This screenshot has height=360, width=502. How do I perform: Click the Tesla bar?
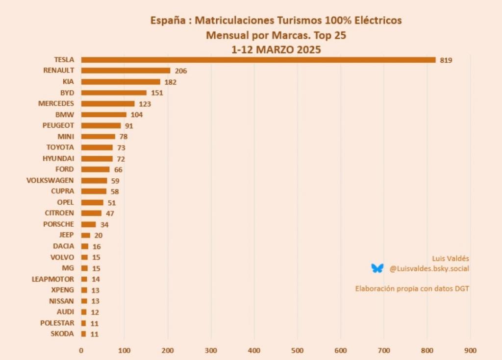pyautogui.click(x=258, y=60)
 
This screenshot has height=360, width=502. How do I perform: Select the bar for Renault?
pyautogui.click(x=125, y=71)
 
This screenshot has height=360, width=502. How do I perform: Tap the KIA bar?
pyautogui.click(x=121, y=82)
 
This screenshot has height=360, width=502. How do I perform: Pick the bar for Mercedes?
pyautogui.click(x=108, y=104)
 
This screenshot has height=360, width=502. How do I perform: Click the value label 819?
pyautogui.click(x=446, y=60)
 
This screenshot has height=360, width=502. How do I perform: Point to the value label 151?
pyautogui.click(x=156, y=93)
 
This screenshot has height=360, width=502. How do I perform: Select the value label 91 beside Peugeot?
pyautogui.click(x=129, y=126)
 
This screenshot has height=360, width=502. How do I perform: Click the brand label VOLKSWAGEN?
pyautogui.click(x=50, y=180)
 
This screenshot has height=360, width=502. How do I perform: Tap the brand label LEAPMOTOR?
pyautogui.click(x=53, y=279)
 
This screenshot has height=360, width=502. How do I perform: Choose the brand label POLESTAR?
pyautogui.click(x=57, y=323)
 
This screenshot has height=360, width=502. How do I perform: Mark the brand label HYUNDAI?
pyautogui.click(x=58, y=159)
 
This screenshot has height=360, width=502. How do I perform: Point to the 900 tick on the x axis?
pyautogui.click(x=470, y=350)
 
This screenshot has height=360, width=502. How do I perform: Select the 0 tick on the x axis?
pyautogui.click(x=81, y=350)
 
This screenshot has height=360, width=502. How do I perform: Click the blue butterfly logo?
pyautogui.click(x=377, y=268)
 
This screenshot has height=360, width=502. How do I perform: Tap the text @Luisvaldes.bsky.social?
pyautogui.click(x=429, y=268)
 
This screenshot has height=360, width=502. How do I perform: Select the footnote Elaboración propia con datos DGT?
pyautogui.click(x=412, y=288)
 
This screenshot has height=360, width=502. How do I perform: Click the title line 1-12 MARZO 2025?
pyautogui.click(x=276, y=49)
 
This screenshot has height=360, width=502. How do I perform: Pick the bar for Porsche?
pyautogui.click(x=89, y=224)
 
